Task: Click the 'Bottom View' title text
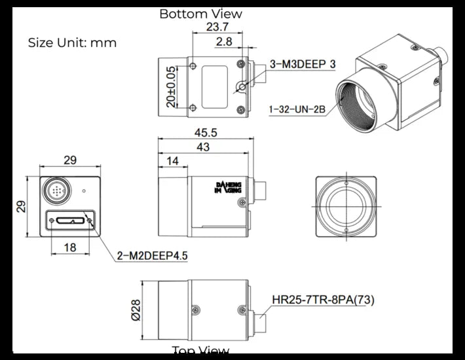pos(200,14)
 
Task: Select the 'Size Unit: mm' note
pos(72,43)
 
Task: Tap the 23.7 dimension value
pos(217,27)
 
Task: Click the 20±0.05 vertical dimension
pos(172,87)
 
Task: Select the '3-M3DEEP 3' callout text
pos(303,64)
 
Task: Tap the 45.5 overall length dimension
pos(206,133)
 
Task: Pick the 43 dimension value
pos(203,148)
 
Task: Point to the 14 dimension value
pos(172,161)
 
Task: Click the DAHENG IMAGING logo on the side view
pos(228,189)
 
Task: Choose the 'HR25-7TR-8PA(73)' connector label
pos(323,300)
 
